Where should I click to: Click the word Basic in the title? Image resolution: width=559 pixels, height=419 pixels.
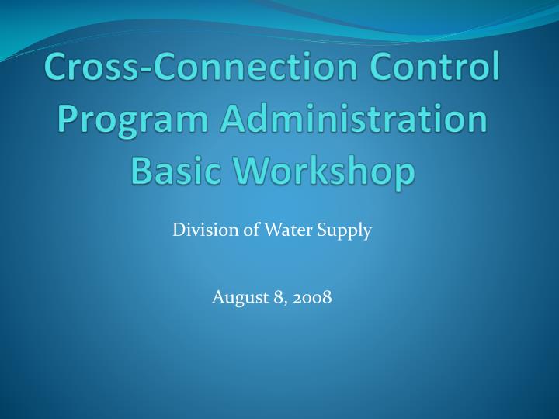[x=177, y=171]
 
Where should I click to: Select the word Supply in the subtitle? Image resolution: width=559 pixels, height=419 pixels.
[x=347, y=230]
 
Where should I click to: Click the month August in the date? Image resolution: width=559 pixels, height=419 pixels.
[x=236, y=296]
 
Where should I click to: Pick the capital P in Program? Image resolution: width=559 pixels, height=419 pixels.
[x=71, y=120]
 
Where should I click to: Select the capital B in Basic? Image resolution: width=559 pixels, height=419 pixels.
[x=144, y=171]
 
